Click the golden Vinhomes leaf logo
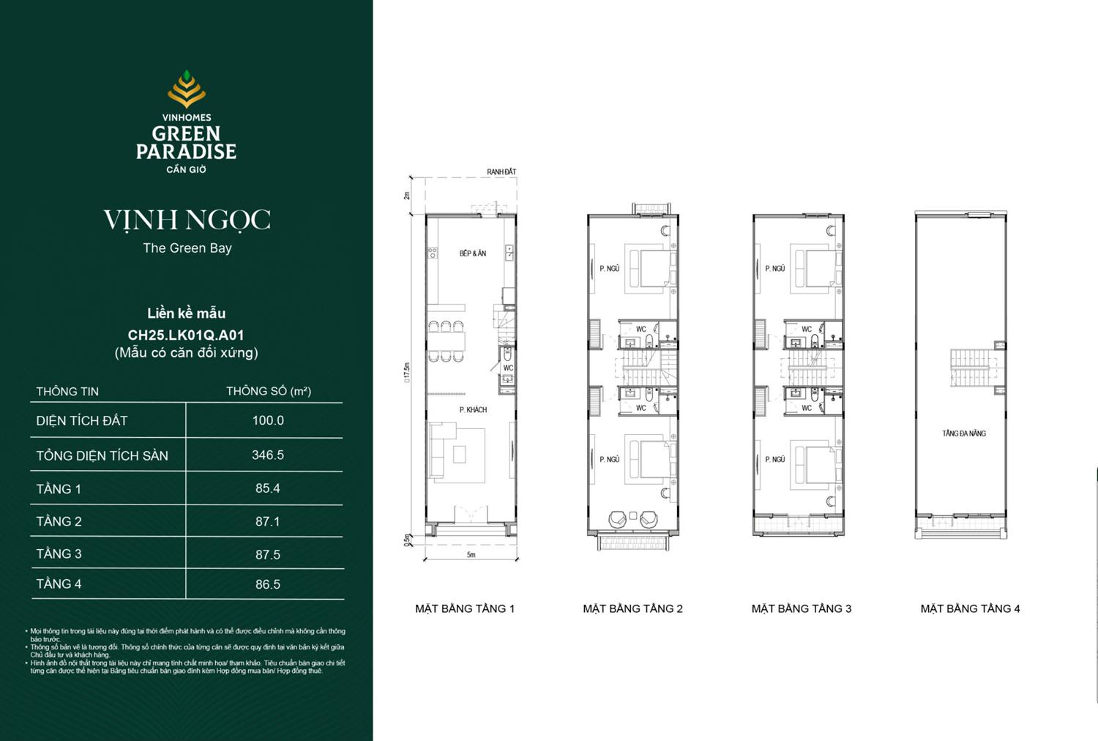(187, 89)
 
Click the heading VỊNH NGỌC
(187, 220)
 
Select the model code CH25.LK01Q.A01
(186, 335)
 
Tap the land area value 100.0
(268, 420)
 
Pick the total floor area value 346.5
(268, 455)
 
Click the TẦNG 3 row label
(59, 554)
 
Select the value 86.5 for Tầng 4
(268, 584)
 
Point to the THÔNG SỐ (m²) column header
(269, 391)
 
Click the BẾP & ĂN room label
(473, 253)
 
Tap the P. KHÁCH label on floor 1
(473, 409)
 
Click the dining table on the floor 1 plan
(447, 341)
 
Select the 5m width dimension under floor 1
(471, 555)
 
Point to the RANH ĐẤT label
(501, 172)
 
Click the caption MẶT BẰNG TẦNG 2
(632, 608)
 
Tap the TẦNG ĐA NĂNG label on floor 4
(964, 433)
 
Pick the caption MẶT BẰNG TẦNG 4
(970, 608)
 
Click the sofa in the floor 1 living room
(437, 454)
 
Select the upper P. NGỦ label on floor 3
(774, 269)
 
